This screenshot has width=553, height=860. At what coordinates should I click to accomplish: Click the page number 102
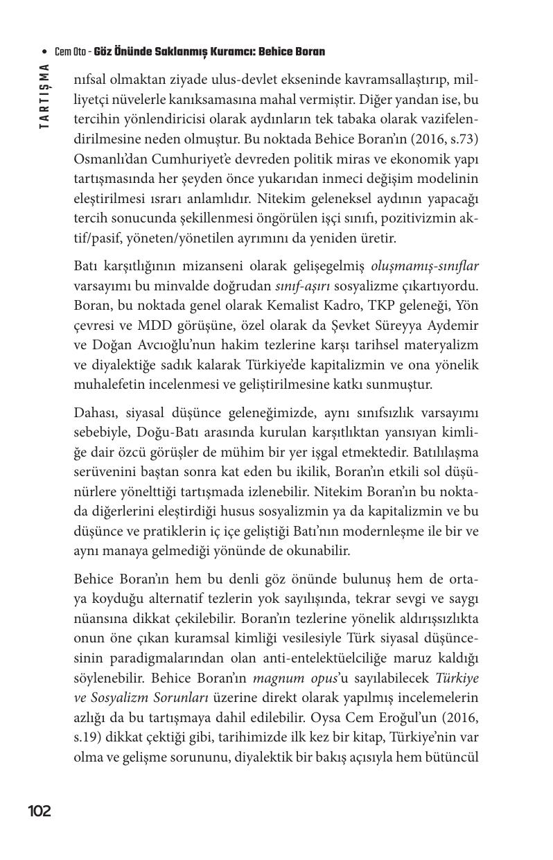pos(39,811)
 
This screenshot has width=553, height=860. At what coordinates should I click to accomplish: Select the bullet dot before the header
pos(45,53)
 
